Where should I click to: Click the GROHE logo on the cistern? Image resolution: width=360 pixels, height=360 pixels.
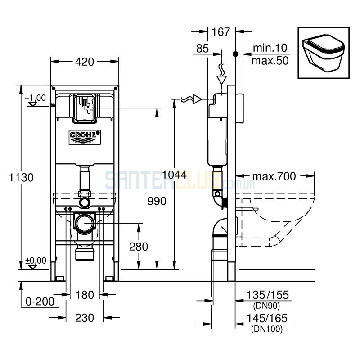coord(85,137)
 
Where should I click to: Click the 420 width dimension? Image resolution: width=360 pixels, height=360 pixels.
coord(85,62)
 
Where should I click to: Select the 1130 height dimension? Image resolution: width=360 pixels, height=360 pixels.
coord(21,177)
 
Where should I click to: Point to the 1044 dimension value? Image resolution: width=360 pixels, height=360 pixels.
coord(174,175)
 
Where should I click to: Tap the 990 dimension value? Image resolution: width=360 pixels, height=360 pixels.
coord(157,201)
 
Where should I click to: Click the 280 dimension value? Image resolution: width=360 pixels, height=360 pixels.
coord(139,247)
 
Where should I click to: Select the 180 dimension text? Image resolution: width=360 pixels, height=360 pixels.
coord(85,295)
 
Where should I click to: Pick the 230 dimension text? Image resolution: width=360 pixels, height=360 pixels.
coord(85,318)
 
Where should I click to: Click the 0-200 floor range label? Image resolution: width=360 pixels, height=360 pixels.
coord(40,301)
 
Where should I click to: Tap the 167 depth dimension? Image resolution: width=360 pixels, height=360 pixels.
coord(220,32)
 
